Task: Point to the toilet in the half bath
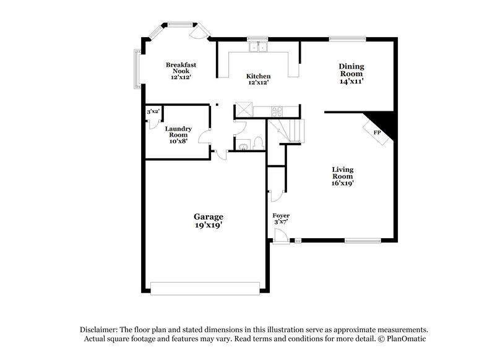click(x=259, y=145)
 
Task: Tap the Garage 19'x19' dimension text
click(x=209, y=225)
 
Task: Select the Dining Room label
click(x=351, y=70)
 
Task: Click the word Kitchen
click(x=259, y=76)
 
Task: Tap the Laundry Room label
click(x=178, y=132)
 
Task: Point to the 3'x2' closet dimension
click(x=153, y=112)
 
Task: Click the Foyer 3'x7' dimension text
click(x=281, y=221)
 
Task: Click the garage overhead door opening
click(x=205, y=288)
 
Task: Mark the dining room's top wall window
click(x=342, y=39)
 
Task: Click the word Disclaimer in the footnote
click(x=100, y=330)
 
